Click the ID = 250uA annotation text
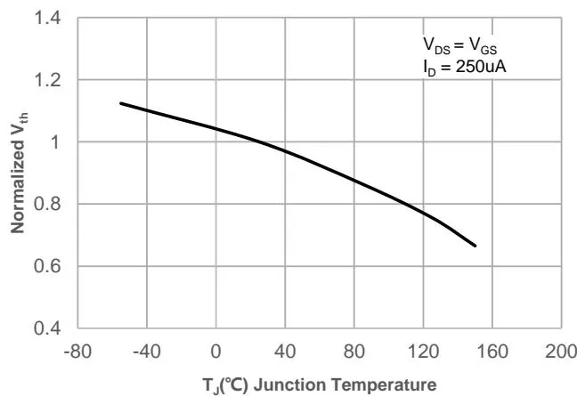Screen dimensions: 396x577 464,67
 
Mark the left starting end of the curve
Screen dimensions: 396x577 121,103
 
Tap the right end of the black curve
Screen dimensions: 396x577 475,246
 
